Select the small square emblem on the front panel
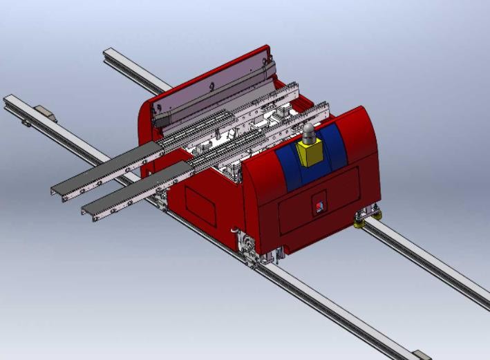point(318,205)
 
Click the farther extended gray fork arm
point(104,170)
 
